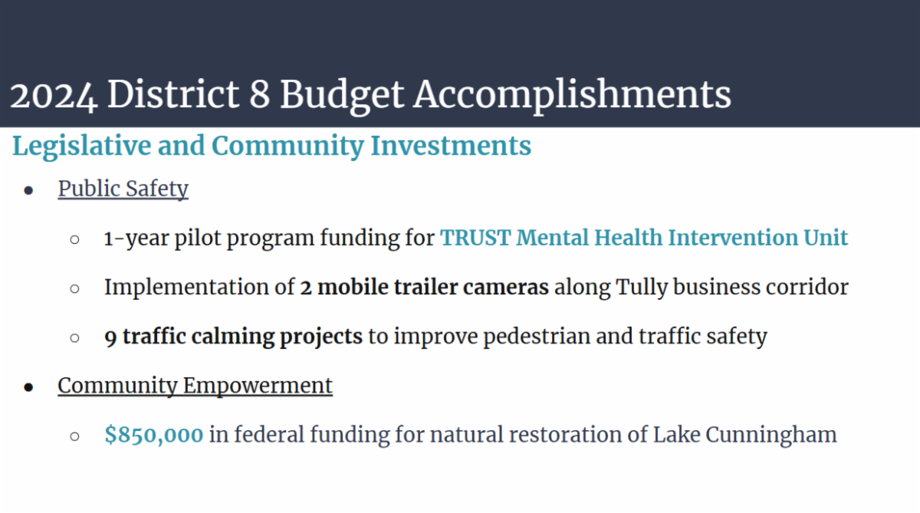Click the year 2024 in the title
tap(54, 95)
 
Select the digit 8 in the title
tap(260, 95)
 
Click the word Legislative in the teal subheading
tap(82, 147)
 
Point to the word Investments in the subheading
tap(451, 146)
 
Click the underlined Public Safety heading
tap(123, 189)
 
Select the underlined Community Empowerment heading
tap(195, 386)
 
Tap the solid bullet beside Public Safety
tap(28, 190)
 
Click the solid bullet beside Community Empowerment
tap(28, 387)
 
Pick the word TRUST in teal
tap(475, 238)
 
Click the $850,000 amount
tap(154, 435)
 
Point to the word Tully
tap(642, 287)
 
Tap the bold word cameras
tap(506, 287)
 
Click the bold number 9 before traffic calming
tap(110, 337)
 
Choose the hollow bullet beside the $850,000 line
tap(75, 436)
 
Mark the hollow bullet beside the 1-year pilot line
tap(75, 239)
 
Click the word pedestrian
tap(537, 337)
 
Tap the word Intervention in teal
tap(733, 238)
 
